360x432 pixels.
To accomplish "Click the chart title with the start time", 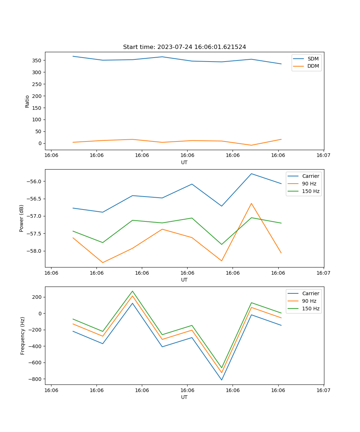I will pos(184,47).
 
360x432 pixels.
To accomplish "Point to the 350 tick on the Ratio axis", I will pos(37,60).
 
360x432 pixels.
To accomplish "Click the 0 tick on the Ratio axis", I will pos(40,143).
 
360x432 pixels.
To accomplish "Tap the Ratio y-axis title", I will pos(27,101).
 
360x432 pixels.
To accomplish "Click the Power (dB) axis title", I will pos(22,218).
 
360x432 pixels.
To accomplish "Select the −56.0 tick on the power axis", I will pos(34,181).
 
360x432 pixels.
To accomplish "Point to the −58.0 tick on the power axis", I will pos(34,251).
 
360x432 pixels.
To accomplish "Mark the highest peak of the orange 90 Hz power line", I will pos(251,203).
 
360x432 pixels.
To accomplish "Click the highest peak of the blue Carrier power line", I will pos(251,174).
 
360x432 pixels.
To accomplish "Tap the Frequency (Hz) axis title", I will pos(22,336).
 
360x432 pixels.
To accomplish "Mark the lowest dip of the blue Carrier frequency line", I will pos(221,380).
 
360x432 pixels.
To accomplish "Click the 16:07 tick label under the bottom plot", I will pos(323,390).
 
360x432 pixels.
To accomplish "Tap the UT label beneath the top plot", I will pos(184,162).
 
